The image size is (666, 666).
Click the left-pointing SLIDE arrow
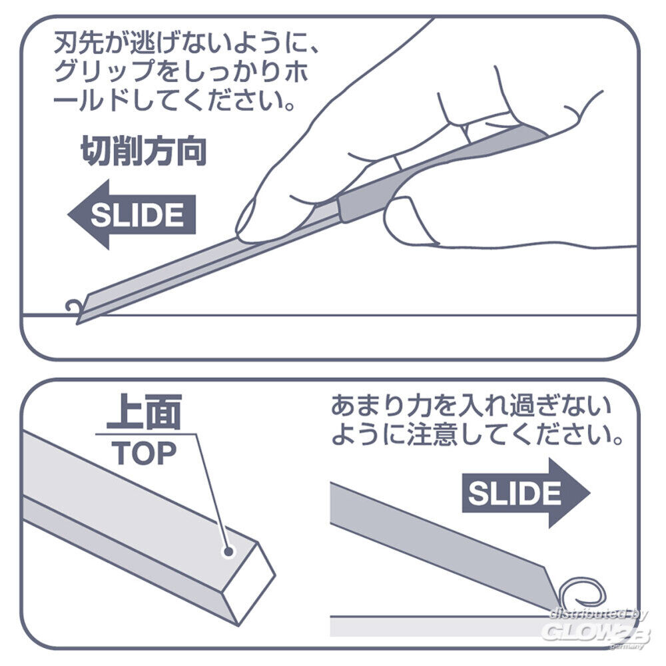(132, 214)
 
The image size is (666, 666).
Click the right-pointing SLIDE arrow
(526, 493)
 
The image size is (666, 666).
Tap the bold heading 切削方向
(144, 151)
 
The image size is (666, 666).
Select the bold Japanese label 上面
(144, 412)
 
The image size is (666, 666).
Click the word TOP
(144, 453)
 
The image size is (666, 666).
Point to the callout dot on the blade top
(228, 551)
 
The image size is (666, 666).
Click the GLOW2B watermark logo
(596, 631)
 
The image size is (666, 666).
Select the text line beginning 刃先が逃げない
(186, 44)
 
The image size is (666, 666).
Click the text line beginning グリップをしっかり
(181, 73)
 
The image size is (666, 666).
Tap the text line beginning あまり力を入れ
(471, 406)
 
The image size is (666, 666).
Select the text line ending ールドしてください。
(174, 101)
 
